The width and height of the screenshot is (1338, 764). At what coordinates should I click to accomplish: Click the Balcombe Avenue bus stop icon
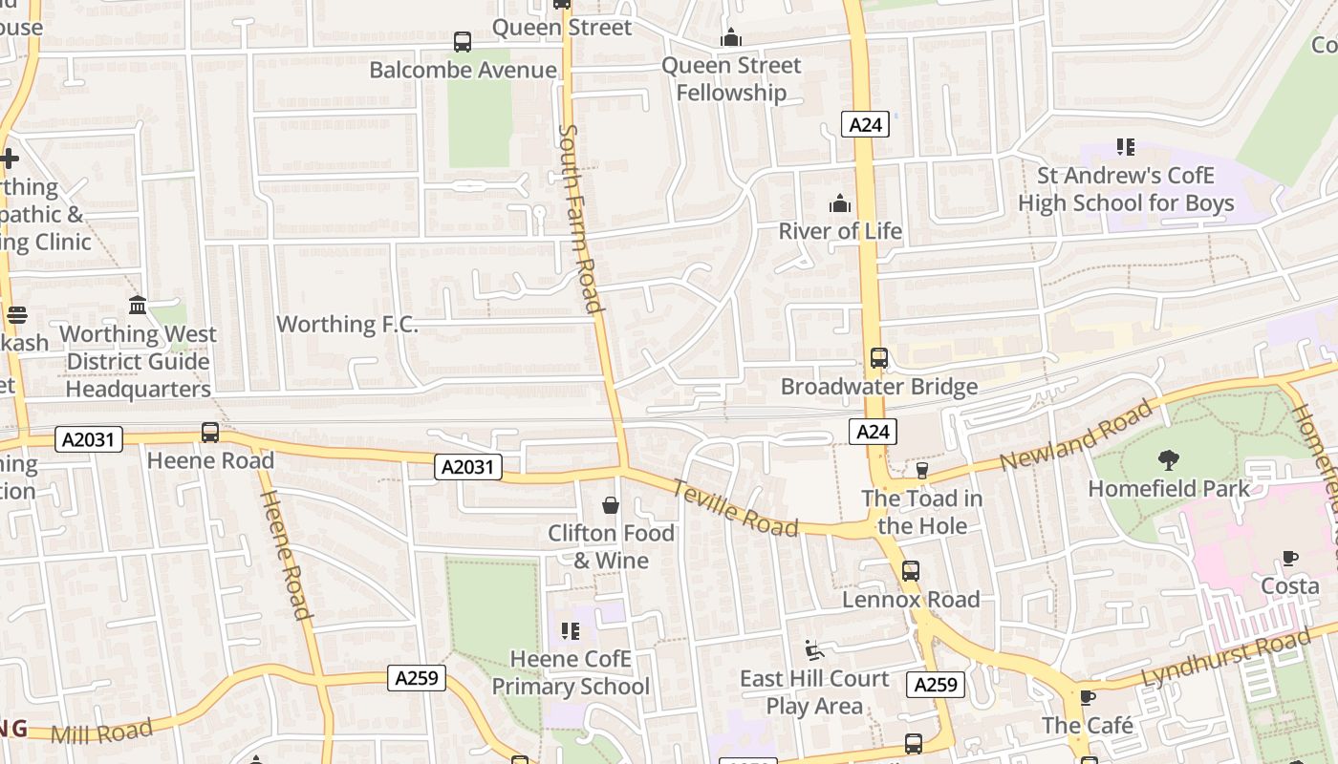463,42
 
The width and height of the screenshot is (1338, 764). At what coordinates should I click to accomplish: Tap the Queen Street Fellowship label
731,79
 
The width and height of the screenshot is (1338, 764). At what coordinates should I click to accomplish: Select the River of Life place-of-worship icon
840,203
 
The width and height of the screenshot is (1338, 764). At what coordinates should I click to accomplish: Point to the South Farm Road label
581,218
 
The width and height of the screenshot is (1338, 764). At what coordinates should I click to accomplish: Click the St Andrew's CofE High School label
1126,189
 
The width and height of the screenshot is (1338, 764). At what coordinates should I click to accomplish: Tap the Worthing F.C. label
347,324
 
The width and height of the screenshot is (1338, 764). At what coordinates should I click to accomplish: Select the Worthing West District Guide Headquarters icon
138,306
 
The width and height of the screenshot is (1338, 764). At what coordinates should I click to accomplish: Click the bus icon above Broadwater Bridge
879,359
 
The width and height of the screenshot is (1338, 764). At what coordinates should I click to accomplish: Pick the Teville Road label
734,507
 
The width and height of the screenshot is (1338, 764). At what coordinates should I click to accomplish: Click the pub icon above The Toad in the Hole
921,470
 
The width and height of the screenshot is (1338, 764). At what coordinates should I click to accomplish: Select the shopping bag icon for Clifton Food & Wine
611,505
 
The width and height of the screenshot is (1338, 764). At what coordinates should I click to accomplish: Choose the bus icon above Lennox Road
911,571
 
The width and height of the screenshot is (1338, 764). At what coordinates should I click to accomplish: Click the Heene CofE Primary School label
571,672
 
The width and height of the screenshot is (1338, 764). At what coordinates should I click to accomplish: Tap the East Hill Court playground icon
814,650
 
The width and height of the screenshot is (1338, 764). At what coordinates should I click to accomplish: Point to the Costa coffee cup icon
1290,559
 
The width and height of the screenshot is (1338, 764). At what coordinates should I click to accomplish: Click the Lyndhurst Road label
1226,659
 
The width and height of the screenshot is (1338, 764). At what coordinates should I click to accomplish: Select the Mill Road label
101,732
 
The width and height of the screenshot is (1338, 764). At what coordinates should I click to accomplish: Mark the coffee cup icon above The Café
1087,698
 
